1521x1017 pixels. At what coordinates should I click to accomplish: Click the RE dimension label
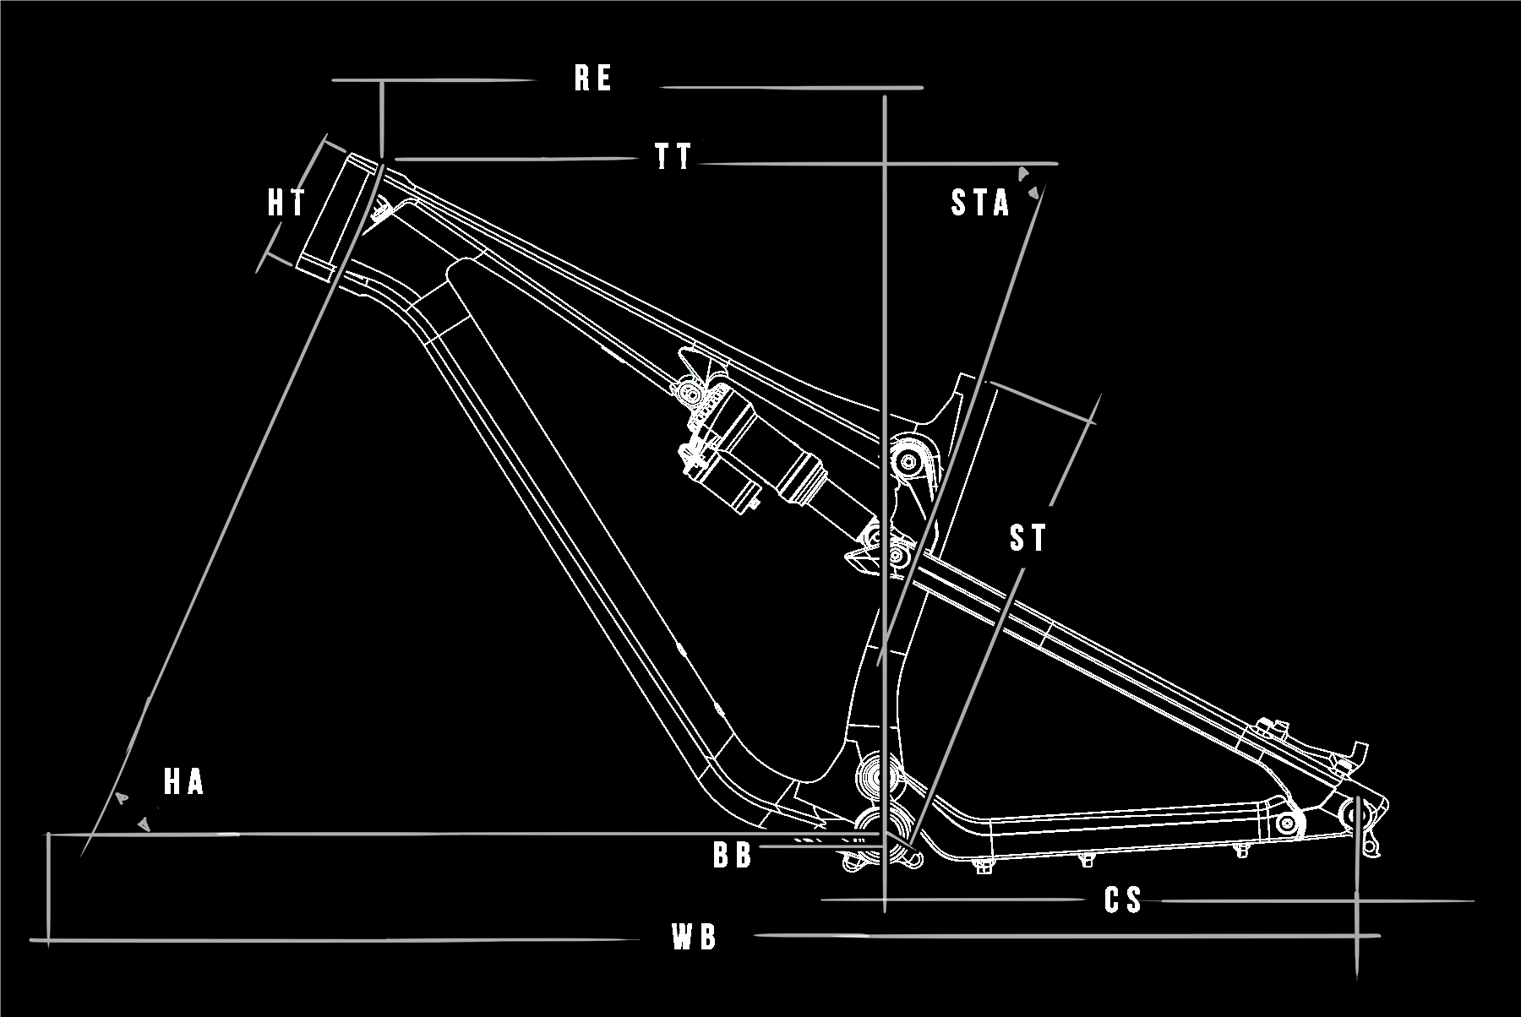(592, 78)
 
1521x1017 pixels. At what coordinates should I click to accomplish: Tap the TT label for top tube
(673, 156)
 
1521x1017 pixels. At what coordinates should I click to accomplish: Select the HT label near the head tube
(286, 203)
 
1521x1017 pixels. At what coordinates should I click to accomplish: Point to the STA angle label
(980, 203)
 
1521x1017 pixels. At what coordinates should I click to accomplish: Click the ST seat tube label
(1028, 538)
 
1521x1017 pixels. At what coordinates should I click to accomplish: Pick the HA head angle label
(183, 782)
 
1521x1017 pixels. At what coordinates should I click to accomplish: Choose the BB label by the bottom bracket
(732, 855)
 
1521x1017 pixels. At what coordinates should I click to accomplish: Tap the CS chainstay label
(1123, 900)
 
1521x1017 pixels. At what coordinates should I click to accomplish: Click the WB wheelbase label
(694, 937)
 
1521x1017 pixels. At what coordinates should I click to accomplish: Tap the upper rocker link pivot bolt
(909, 461)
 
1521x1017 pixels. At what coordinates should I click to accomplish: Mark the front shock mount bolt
(690, 394)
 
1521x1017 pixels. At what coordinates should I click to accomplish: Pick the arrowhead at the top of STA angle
(1023, 174)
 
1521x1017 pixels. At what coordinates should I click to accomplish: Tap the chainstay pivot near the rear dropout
(1287, 823)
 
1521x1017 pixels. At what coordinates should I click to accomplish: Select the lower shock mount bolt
(897, 555)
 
